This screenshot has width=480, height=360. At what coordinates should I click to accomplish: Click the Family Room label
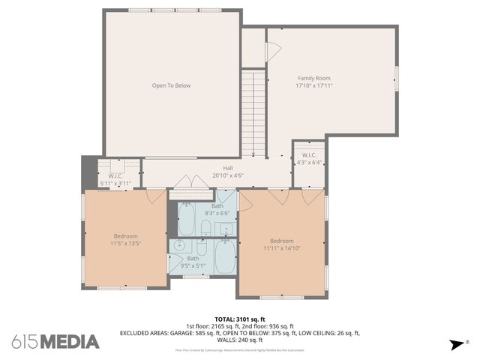coord(313,78)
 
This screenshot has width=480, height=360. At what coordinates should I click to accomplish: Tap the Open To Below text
coord(171,85)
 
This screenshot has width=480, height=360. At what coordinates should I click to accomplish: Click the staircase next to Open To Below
coord(253,112)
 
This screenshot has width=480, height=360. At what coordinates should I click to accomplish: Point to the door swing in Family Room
coord(274,51)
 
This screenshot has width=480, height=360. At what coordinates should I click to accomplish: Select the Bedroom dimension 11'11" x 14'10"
coord(281,248)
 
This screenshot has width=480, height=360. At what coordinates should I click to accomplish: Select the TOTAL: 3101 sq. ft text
coord(239,319)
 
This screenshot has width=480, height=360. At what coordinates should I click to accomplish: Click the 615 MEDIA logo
coord(55,342)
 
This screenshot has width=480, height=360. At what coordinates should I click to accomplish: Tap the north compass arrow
coord(456,344)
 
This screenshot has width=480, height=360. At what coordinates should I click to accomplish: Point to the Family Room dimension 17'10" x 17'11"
coord(313,85)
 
